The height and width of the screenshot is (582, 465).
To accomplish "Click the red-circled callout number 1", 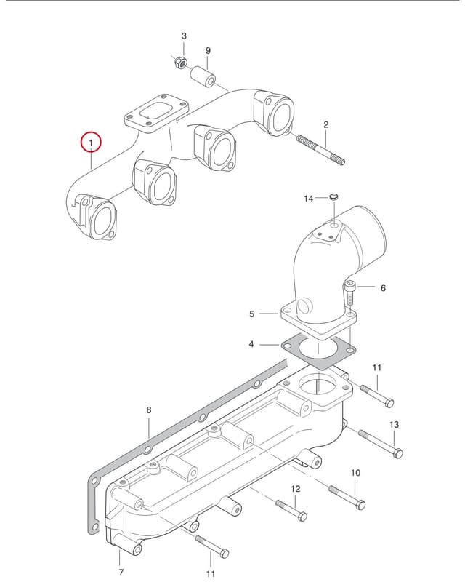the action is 91,142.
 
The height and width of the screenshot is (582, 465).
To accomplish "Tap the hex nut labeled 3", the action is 181,63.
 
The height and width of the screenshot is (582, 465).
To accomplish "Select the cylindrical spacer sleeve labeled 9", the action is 203,76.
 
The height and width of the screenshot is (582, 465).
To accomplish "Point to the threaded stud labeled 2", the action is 320,150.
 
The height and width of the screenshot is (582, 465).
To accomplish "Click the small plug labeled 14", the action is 334,196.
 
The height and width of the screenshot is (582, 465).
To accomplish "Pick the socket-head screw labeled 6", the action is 350,293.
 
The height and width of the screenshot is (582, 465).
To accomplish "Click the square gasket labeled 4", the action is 318,351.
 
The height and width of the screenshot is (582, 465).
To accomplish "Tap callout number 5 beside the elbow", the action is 252,314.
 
